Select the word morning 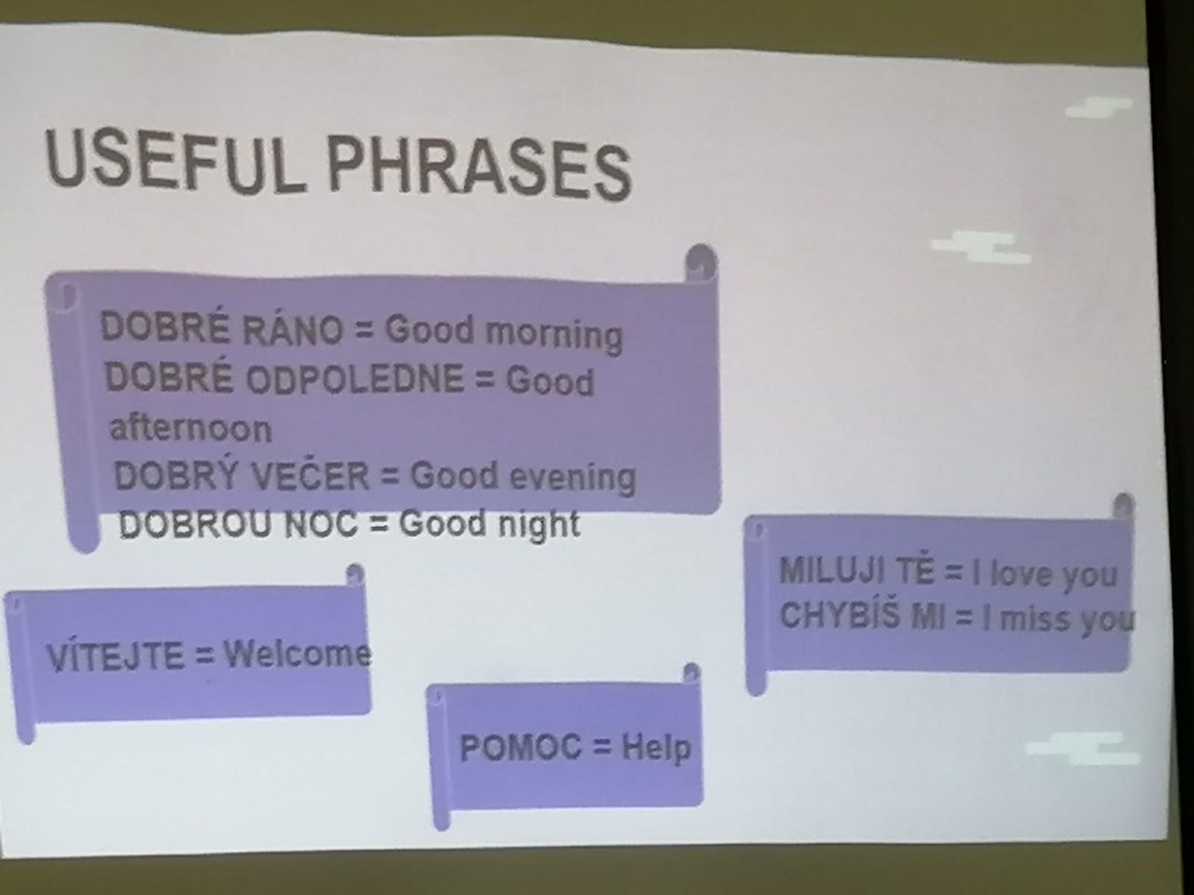pyautogui.click(x=554, y=334)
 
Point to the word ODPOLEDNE pyautogui.click(x=354, y=378)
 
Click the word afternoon pyautogui.click(x=191, y=428)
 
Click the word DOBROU pyautogui.click(x=195, y=524)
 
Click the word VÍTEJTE pyautogui.click(x=116, y=656)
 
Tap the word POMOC pyautogui.click(x=521, y=747)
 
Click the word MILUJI pyautogui.click(x=836, y=571)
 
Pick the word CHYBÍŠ pyautogui.click(x=840, y=615)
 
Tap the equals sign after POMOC pyautogui.click(x=602, y=749)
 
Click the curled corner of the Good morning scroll pyautogui.click(x=701, y=263)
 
